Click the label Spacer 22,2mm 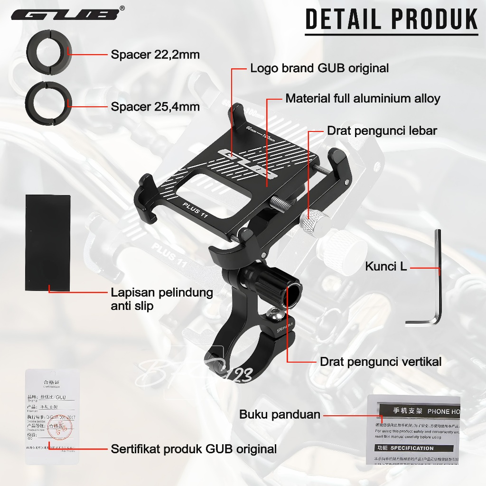pos(155,55)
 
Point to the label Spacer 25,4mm pos(155,107)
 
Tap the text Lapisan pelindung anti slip pos(161,299)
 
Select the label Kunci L pos(386,267)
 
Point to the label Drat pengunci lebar pos(382,131)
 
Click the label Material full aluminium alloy pos(363,99)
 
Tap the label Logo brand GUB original pos(319,68)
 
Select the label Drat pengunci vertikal pos(381,362)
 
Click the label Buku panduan pos(280,414)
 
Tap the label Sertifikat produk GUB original pos(194,449)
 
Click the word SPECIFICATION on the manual pos(412,448)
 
